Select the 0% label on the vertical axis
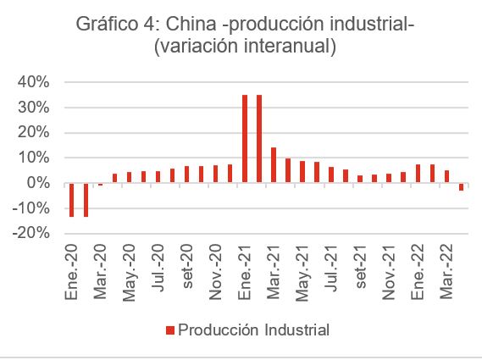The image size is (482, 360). [38, 184]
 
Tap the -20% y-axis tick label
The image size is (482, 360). [30, 234]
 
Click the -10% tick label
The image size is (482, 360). [30, 209]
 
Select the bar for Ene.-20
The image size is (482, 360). [71, 200]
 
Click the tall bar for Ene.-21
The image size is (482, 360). [245, 139]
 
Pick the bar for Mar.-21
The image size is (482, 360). [274, 165]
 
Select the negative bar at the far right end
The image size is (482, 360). [461, 187]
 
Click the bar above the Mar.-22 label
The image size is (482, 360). [446, 176]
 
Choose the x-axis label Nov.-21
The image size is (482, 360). [389, 269]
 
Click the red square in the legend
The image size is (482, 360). [169, 329]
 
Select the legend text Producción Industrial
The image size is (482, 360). [252, 329]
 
